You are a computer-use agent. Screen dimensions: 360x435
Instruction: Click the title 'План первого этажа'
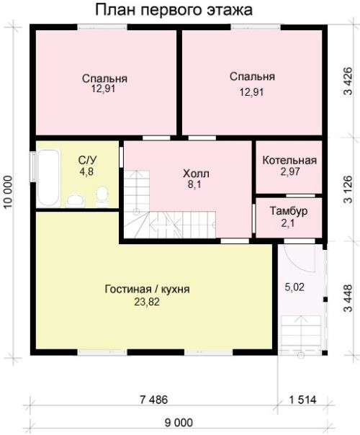coord(174,10)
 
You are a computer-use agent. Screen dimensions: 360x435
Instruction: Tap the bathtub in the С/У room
coord(48,178)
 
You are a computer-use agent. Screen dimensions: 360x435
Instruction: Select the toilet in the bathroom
coord(102,197)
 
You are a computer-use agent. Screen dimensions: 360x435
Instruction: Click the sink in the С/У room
coord(75,200)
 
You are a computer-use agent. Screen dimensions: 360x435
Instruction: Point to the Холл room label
coord(196,174)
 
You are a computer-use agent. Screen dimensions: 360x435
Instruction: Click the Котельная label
coord(289,161)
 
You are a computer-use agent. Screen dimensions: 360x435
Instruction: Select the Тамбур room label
coord(289,211)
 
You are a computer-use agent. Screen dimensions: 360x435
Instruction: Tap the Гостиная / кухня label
coord(148,289)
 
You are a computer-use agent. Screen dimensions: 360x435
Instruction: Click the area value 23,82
coord(147,302)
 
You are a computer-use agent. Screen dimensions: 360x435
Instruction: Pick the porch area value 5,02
coord(294,287)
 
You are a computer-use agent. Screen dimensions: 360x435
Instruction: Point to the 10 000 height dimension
coord(9,192)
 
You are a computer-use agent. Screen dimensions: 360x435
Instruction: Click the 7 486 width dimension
coord(154,400)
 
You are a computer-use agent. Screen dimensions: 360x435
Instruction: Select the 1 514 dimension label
coord(302,400)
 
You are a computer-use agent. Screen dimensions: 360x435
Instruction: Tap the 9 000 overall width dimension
coord(179,423)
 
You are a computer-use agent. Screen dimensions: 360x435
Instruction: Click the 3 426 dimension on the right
coord(348,81)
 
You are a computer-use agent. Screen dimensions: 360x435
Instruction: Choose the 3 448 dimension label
coord(348,298)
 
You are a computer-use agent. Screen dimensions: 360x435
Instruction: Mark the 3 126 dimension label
coord(348,189)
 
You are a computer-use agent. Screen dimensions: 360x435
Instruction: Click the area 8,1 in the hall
coord(194,184)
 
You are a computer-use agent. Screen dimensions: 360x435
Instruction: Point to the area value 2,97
coord(290,171)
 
